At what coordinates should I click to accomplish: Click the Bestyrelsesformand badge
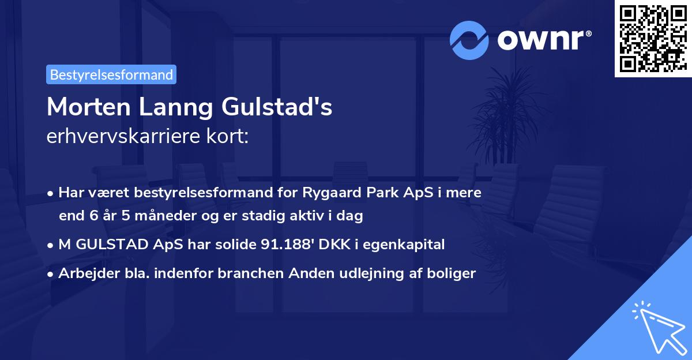(111, 74)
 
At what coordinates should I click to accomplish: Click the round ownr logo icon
(470, 40)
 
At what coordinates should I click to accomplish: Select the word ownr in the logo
(543, 40)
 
